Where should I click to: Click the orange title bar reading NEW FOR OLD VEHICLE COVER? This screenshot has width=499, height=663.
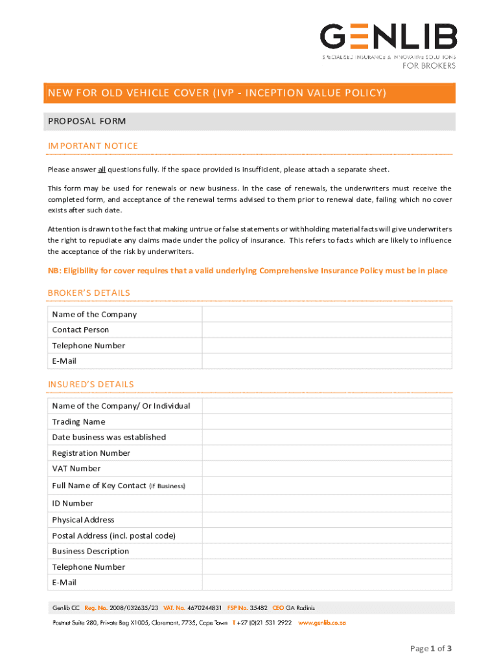point(250,93)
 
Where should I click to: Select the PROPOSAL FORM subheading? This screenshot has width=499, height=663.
point(87,121)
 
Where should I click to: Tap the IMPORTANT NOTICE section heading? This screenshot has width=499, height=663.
point(93,146)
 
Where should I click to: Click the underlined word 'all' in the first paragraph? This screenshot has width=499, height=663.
point(102,170)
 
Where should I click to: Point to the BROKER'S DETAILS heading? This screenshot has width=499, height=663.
point(89,293)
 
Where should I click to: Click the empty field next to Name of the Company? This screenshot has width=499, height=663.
point(327,314)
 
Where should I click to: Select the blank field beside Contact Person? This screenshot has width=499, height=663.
point(327,330)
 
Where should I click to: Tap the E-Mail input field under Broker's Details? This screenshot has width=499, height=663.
point(327,361)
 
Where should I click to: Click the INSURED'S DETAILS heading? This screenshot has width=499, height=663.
point(91,384)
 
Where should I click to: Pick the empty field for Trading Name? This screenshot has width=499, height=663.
point(327,421)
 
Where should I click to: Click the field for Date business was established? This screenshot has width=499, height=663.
point(327,437)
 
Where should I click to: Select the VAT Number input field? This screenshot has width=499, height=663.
point(327,468)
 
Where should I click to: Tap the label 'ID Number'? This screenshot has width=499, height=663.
point(73,503)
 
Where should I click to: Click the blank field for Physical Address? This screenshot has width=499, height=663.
point(327,519)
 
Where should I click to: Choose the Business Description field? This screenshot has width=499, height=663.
point(327,551)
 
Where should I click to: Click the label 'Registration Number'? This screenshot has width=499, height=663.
point(91,453)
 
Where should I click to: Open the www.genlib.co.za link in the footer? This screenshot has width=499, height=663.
point(322,622)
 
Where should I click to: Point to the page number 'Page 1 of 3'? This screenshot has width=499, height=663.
point(430,648)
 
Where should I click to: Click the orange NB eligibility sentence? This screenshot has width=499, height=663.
point(247,271)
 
